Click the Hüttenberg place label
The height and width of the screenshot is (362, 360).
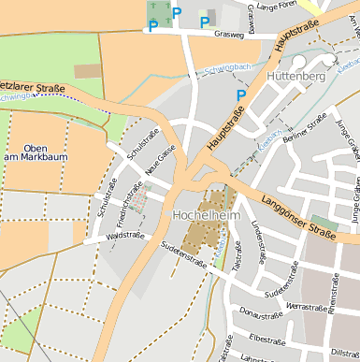coord(295,74)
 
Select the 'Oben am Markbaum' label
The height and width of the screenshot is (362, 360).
coord(35,152)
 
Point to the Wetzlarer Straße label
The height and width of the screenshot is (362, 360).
coord(33,88)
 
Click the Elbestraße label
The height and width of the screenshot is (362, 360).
coord(267,339)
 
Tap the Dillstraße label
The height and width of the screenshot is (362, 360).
coord(344,352)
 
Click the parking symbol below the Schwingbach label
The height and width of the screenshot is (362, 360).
coord(241,94)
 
